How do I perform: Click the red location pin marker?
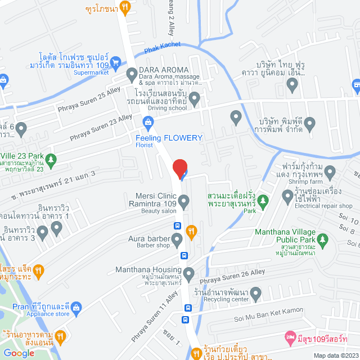pos(179,168)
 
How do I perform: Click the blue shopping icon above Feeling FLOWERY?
pos(148,121)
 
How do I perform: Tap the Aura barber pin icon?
pos(177,241)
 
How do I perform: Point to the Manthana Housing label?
pos(148,269)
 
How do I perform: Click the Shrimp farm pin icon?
pos(330,172)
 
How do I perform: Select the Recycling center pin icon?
pos(256,293)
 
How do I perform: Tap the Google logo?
pos(19,353)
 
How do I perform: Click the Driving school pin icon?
pos(195,100)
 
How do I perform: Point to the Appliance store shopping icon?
pos(76,307)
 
